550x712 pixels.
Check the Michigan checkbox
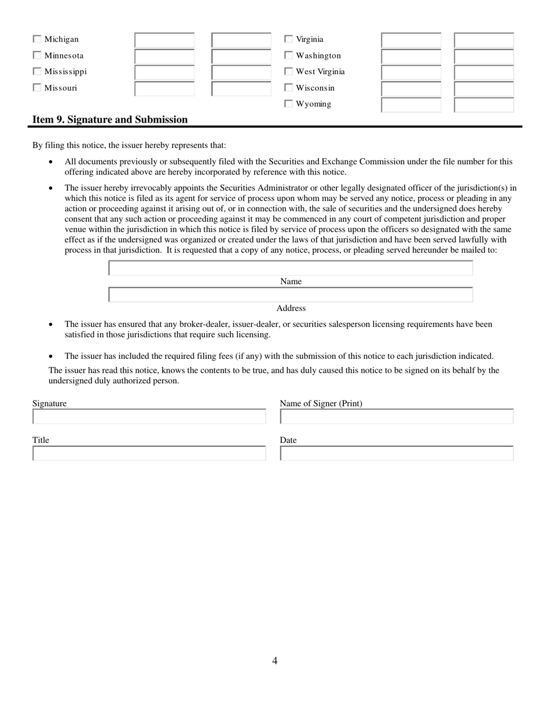coord(37,39)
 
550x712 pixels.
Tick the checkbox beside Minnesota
coord(37,56)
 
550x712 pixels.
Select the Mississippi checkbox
coord(37,72)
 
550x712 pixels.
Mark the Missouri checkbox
coord(37,88)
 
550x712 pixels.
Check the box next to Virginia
coord(288,39)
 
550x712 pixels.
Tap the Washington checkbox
coord(288,56)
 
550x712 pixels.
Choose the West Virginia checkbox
coord(288,72)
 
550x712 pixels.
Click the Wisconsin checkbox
coord(288,88)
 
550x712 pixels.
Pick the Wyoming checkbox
coord(288,104)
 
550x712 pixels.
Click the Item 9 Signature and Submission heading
coord(110,120)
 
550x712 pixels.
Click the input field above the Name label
coord(291,268)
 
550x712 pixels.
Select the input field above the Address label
coord(291,295)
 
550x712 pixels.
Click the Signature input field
coord(149,417)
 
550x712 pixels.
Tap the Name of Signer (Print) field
coord(397,417)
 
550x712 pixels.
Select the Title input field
coord(149,453)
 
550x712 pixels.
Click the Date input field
coord(397,453)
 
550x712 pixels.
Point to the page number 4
coord(274,661)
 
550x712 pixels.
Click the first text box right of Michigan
coord(165,40)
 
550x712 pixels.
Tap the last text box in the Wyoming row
coord(484,105)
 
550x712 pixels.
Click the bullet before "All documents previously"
coord(52,162)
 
